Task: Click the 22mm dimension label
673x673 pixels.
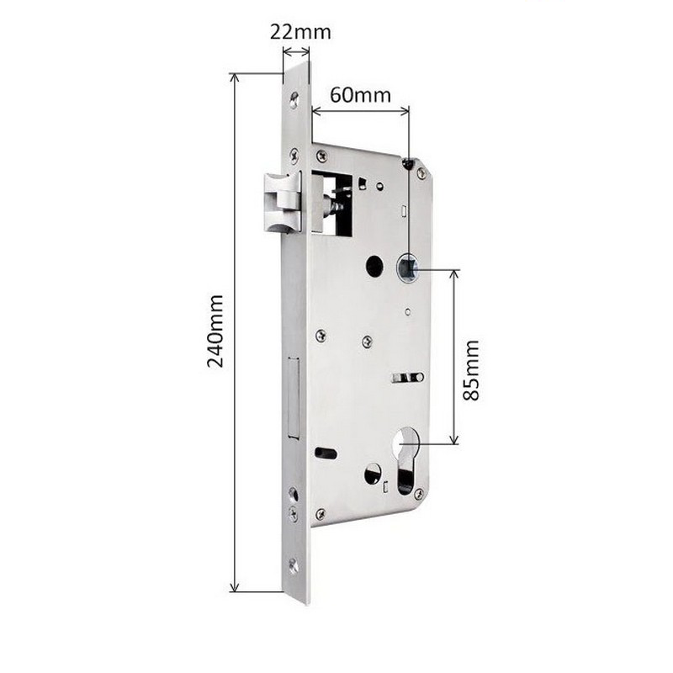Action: [300, 32]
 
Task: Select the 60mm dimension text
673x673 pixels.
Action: [361, 95]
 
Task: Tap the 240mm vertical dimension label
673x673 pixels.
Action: [215, 331]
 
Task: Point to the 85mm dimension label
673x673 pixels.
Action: [471, 370]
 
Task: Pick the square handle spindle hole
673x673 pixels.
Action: [407, 268]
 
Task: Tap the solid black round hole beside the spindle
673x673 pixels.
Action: [374, 266]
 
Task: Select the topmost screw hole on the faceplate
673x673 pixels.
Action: [294, 100]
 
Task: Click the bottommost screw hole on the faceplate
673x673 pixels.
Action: [294, 566]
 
